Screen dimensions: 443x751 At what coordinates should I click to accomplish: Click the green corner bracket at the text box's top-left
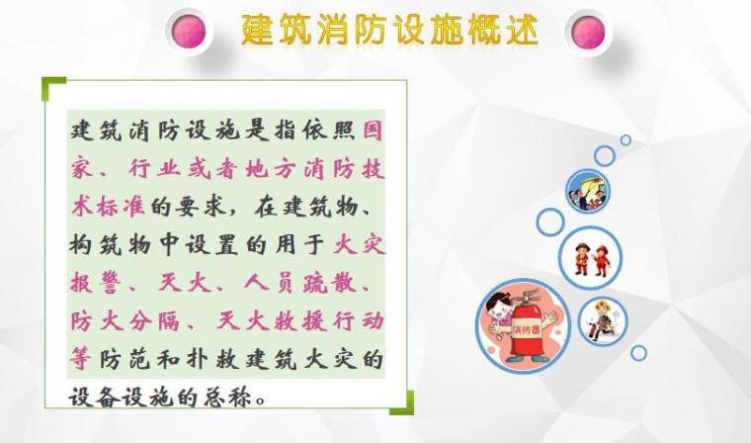pos(50,86)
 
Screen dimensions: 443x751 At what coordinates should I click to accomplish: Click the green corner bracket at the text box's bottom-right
pos(402,404)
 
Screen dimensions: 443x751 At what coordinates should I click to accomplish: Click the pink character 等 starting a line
pos(82,358)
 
